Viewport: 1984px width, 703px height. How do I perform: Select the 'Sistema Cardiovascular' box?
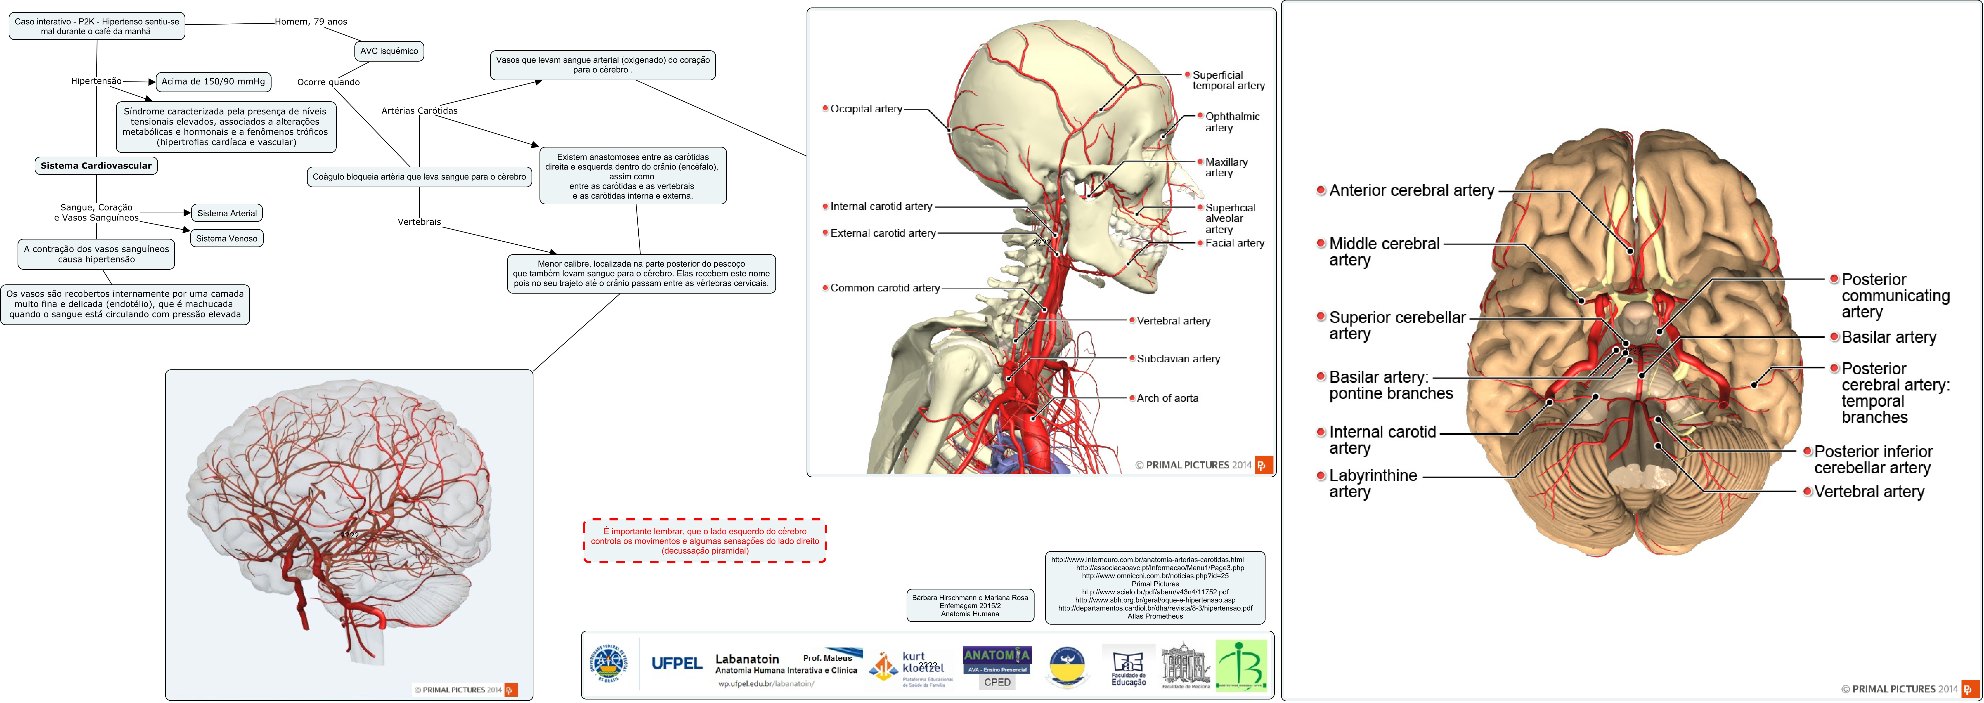pyautogui.click(x=96, y=166)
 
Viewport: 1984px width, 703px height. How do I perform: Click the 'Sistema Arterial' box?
pyautogui.click(x=227, y=213)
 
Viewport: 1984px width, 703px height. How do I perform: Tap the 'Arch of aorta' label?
pyautogui.click(x=1167, y=398)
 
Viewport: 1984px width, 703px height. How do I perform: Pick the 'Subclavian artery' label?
pyautogui.click(x=1178, y=359)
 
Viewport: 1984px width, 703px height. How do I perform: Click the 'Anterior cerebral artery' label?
pyautogui.click(x=1411, y=190)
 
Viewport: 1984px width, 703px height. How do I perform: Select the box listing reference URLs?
pyautogui.click(x=1154, y=588)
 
